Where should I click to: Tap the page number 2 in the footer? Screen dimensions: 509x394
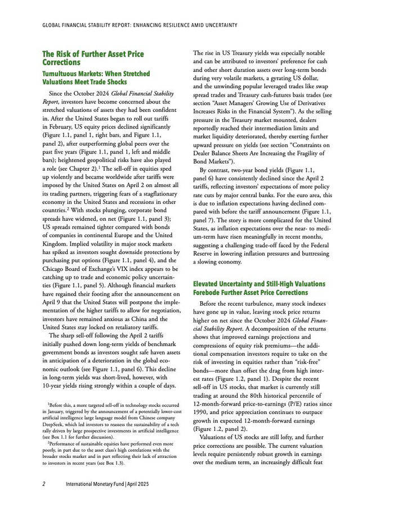pyautogui.click(x=44, y=483)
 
